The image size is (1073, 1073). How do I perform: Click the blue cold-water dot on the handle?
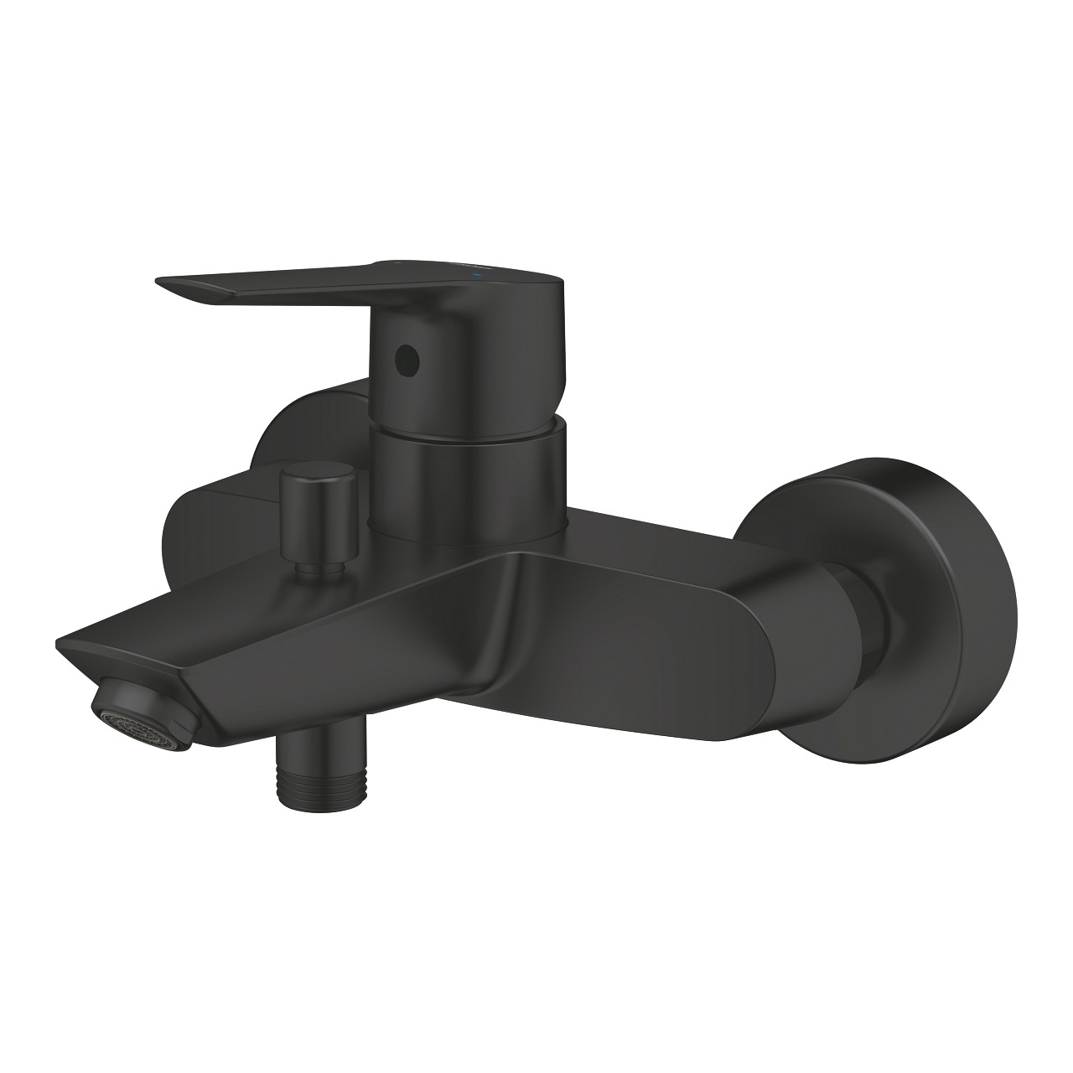click(479, 274)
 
